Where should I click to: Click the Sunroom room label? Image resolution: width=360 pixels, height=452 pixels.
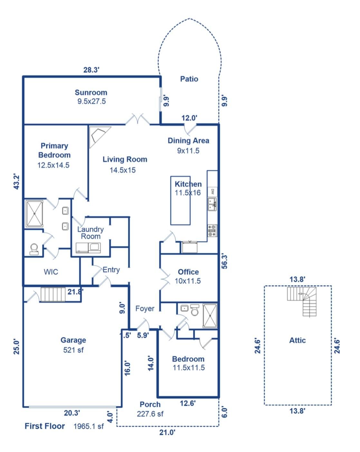[x=91, y=92]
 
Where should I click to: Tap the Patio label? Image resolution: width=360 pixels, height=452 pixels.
[x=189, y=79]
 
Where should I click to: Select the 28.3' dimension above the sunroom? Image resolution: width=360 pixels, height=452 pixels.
[x=91, y=70]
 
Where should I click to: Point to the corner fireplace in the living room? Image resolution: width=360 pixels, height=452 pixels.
[x=99, y=137]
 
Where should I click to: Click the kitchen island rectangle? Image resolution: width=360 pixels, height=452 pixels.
[x=180, y=200]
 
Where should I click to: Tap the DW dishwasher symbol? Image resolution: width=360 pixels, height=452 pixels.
[x=213, y=191]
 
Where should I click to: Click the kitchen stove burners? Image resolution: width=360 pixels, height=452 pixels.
[x=213, y=231]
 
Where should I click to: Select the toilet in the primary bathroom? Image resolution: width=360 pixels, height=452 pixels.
[x=34, y=249]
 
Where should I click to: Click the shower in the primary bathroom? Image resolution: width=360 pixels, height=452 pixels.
[x=34, y=214]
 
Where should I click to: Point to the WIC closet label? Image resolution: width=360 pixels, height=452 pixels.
[x=51, y=272]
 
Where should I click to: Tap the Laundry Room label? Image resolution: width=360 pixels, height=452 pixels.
[x=90, y=233]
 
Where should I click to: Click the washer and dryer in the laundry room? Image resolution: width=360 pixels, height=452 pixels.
[x=88, y=248]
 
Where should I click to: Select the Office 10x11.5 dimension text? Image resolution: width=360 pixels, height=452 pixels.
[x=188, y=281]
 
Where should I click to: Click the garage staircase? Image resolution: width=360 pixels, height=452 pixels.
[x=53, y=294]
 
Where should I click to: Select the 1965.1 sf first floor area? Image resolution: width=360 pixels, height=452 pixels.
[x=89, y=426]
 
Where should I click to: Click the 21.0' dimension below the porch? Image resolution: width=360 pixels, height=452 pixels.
[x=167, y=432]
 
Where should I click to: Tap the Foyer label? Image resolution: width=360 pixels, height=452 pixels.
[x=145, y=308]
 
